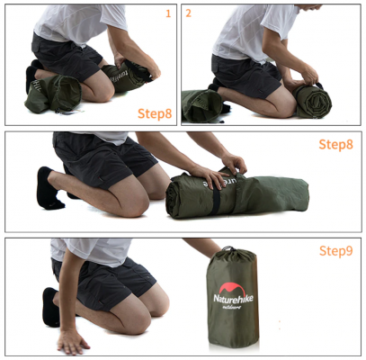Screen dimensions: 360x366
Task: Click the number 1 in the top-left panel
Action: pyautogui.click(x=167, y=13)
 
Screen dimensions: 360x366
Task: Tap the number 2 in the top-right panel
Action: pyautogui.click(x=188, y=13)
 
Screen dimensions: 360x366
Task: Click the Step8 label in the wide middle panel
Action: pyautogui.click(x=336, y=144)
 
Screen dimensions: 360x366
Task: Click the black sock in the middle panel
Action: pyautogui.click(x=47, y=185)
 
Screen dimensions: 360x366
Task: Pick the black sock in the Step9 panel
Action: pyautogui.click(x=50, y=306)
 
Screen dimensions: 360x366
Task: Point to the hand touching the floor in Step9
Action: pyautogui.click(x=73, y=341)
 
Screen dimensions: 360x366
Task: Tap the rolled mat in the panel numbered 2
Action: pyautogui.click(x=311, y=97)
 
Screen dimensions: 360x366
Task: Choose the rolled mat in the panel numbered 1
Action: pyautogui.click(x=131, y=76)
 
